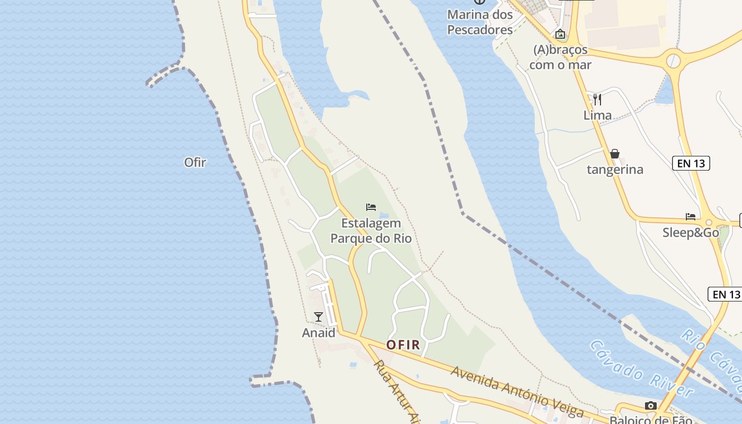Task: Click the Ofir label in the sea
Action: pos(195,162)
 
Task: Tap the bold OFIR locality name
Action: pos(403,345)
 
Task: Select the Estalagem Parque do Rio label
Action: pos(371,231)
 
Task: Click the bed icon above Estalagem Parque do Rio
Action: pos(371,207)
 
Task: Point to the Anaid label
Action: pos(319,333)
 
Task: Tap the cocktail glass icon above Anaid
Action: pos(319,317)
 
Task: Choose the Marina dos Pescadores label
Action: pos(480,22)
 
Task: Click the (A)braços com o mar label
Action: pos(561,57)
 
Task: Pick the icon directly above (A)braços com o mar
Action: pos(560,34)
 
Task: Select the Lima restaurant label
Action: pos(597,115)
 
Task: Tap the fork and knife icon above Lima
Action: pos(597,99)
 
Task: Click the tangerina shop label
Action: pos(615,170)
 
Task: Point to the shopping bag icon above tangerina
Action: pos(615,154)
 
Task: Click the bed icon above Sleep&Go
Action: pos(691,216)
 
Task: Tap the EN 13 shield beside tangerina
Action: pos(691,163)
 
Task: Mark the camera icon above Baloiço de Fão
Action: pos(651,405)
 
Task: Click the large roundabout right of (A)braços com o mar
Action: pos(673,59)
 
